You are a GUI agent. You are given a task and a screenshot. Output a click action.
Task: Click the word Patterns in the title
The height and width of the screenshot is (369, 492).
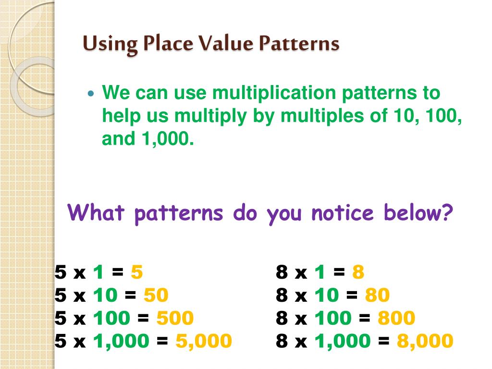299,44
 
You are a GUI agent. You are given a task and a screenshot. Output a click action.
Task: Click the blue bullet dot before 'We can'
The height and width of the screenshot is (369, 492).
92,93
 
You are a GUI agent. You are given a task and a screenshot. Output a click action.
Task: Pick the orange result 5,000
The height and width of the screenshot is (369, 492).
204,341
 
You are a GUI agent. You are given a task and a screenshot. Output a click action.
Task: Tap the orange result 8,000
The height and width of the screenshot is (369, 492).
425,341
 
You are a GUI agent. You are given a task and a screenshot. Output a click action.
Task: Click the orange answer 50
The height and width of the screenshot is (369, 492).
156,295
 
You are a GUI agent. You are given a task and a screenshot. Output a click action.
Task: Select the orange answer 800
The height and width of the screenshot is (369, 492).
396,318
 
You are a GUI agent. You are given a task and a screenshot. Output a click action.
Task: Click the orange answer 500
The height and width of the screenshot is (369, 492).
175,318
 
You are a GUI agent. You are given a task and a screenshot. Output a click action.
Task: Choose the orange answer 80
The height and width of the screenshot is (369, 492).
377,295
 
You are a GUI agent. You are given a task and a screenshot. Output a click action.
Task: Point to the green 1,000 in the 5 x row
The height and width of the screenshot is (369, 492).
121,341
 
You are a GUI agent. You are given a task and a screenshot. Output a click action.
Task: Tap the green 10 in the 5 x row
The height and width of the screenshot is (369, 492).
105,295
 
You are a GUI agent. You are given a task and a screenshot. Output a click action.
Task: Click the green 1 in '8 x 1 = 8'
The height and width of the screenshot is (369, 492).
320,272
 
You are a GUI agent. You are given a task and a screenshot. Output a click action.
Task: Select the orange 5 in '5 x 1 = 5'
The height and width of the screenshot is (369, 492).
137,272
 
